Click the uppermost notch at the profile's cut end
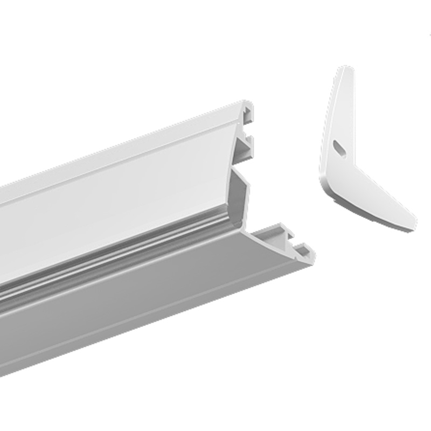coord(248,115)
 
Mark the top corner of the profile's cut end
coord(248,102)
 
